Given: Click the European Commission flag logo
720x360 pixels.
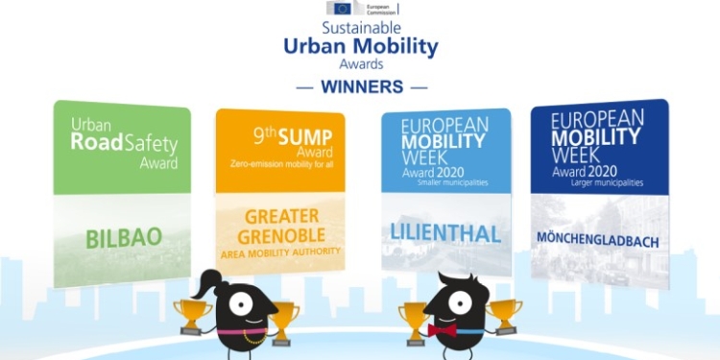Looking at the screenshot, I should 343,9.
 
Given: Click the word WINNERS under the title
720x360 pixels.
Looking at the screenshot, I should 361,87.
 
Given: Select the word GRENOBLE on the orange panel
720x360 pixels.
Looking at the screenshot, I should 268,234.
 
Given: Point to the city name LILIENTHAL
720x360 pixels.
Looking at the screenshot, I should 444,231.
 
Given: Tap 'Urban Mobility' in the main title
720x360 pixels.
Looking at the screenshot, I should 361,45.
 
